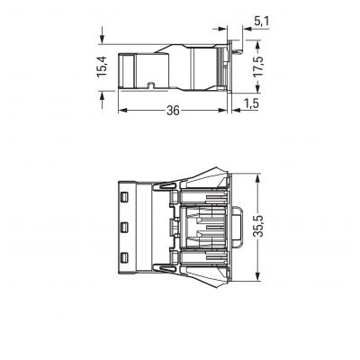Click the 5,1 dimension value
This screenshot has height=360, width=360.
pyautogui.click(x=262, y=22)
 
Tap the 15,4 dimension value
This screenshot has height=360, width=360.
pyautogui.click(x=103, y=67)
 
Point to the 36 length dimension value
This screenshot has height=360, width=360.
pyautogui.click(x=173, y=111)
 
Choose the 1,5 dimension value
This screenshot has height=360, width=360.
pyautogui.click(x=251, y=103)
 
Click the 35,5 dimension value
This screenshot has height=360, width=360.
pyautogui.click(x=258, y=226)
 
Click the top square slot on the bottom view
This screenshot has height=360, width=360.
pyautogui.click(x=124, y=197)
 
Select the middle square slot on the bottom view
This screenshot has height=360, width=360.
pyautogui.click(x=124, y=228)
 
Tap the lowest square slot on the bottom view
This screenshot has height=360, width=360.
pyautogui.click(x=124, y=257)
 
